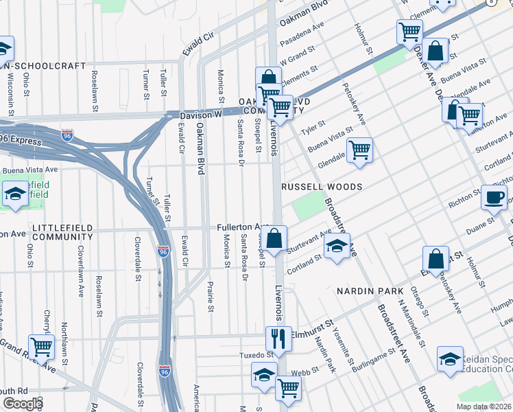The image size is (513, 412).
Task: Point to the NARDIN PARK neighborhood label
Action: tap(370, 291)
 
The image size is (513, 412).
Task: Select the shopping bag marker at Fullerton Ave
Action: tap(274, 240)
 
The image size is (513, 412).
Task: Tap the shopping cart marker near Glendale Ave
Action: tap(359, 150)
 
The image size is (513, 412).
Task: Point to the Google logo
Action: tap(23, 404)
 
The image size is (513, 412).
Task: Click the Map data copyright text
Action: tap(484, 407)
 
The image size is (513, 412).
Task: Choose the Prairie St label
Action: tap(211, 296)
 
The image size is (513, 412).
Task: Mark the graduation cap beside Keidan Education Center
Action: tap(450, 359)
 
